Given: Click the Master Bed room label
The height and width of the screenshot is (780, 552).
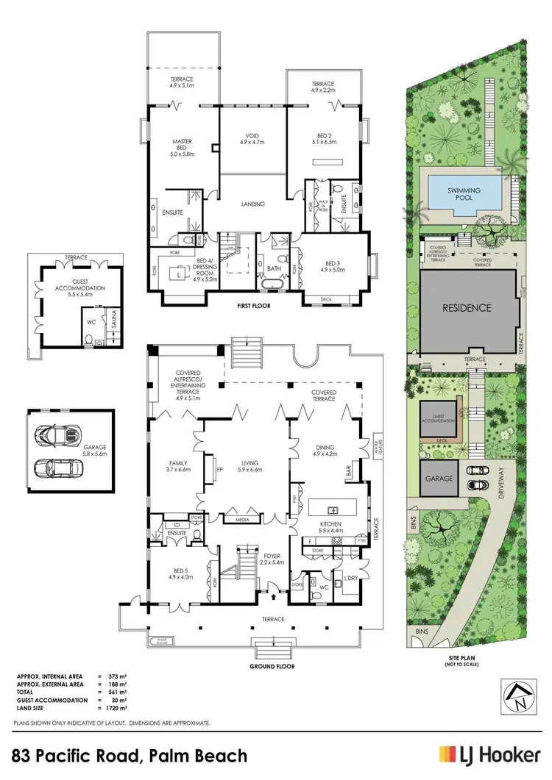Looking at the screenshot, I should pyautogui.click(x=182, y=146).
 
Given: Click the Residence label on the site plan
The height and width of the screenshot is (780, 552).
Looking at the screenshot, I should pyautogui.click(x=466, y=308).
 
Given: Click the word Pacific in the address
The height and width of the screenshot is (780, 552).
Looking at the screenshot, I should pyautogui.click(x=111, y=755).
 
